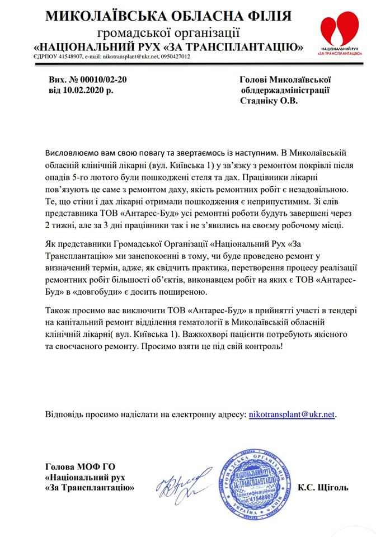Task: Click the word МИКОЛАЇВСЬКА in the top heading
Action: pos(106,17)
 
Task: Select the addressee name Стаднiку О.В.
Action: pos(269,101)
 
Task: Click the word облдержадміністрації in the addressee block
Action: pos(285,90)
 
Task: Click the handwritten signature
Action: pos(181,482)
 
